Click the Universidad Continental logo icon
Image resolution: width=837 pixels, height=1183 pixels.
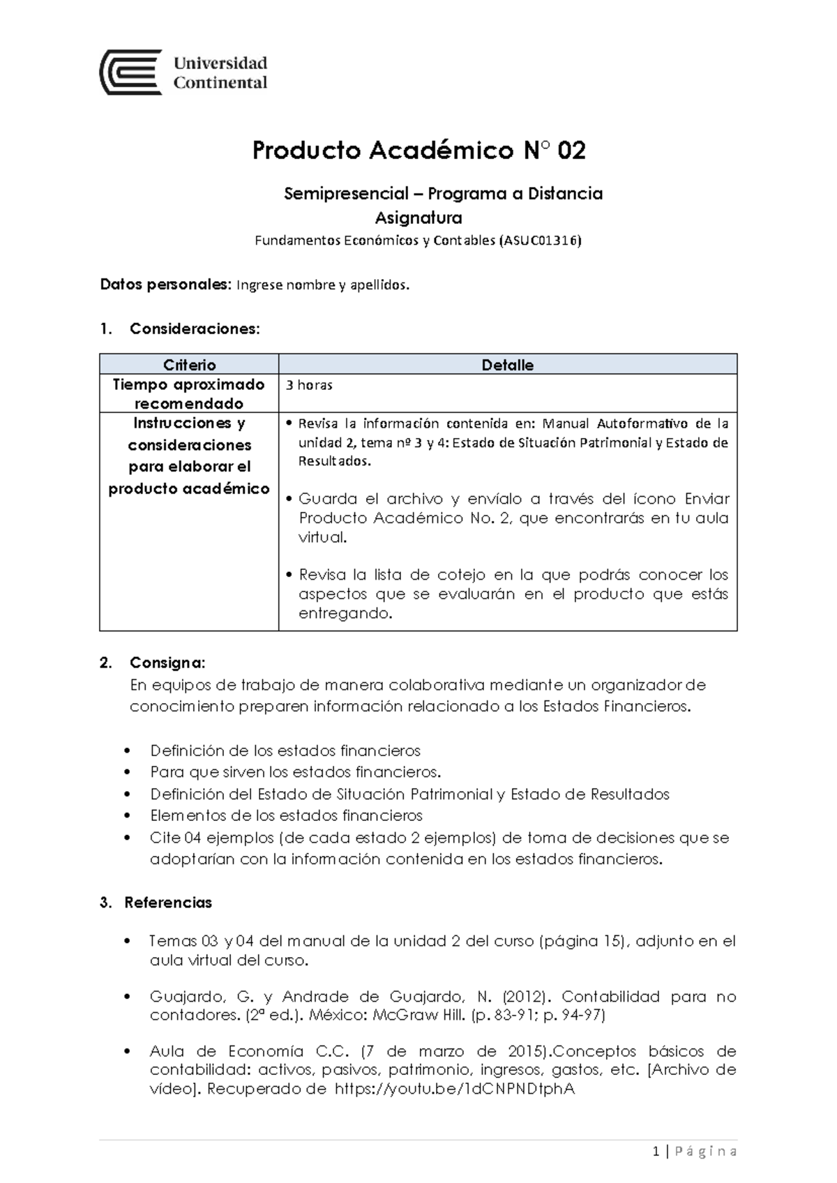(x=131, y=73)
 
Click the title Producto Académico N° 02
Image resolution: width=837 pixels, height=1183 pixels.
(x=418, y=151)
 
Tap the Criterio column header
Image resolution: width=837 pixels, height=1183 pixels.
(x=189, y=365)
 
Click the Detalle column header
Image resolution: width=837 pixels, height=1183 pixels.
(x=507, y=365)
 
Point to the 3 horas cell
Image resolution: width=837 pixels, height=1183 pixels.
(x=308, y=385)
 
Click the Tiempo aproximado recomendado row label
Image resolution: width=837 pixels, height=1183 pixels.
(x=189, y=394)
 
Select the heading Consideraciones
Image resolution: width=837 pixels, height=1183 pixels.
(x=194, y=329)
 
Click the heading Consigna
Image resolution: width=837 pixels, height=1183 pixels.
(x=167, y=662)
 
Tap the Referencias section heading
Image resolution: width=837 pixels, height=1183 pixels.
(x=167, y=903)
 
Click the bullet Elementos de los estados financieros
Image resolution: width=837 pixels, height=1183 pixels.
(x=286, y=815)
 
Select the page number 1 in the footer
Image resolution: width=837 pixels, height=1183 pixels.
(x=656, y=1152)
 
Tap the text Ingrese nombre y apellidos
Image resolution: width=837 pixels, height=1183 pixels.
(x=324, y=285)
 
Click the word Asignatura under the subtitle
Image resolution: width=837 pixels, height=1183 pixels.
(x=418, y=218)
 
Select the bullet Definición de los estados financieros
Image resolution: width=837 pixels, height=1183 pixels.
(x=285, y=751)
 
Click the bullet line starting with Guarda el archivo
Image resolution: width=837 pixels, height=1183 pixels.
(x=513, y=499)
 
